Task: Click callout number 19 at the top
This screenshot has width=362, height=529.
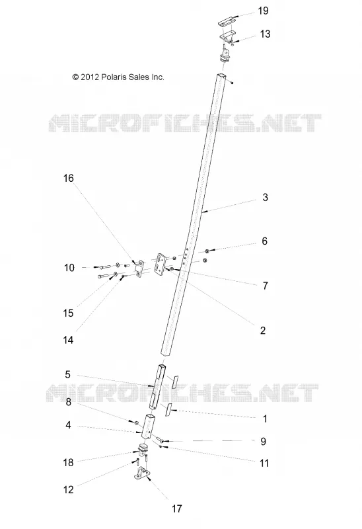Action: (263, 11)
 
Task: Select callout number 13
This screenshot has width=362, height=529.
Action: (265, 34)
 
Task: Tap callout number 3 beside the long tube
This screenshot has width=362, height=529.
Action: (266, 197)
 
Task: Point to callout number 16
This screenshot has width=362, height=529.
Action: (69, 178)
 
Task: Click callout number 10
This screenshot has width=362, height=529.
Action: (69, 268)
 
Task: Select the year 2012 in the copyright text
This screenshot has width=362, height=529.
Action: (90, 77)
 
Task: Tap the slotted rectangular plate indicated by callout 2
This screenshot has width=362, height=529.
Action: (160, 265)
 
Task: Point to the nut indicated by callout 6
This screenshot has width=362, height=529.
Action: (207, 251)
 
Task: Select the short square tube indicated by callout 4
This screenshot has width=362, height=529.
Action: (148, 427)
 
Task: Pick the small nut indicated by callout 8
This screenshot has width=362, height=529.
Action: (137, 423)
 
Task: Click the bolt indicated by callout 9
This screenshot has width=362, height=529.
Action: (161, 440)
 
